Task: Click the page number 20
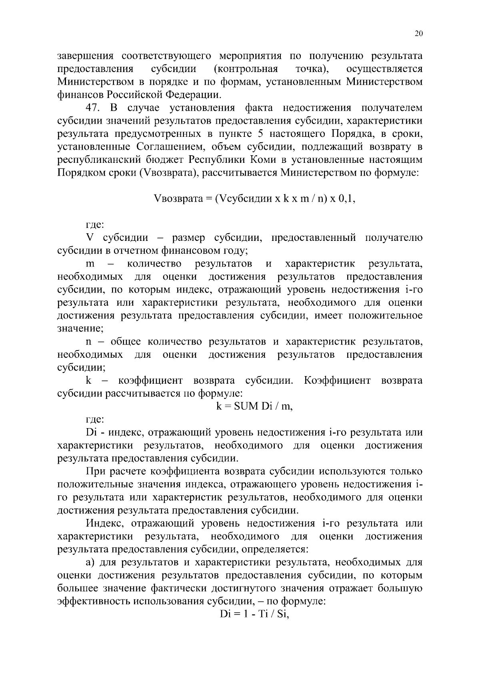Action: [419, 34]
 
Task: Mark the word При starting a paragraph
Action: [96, 472]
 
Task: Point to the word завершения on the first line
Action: [86, 56]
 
